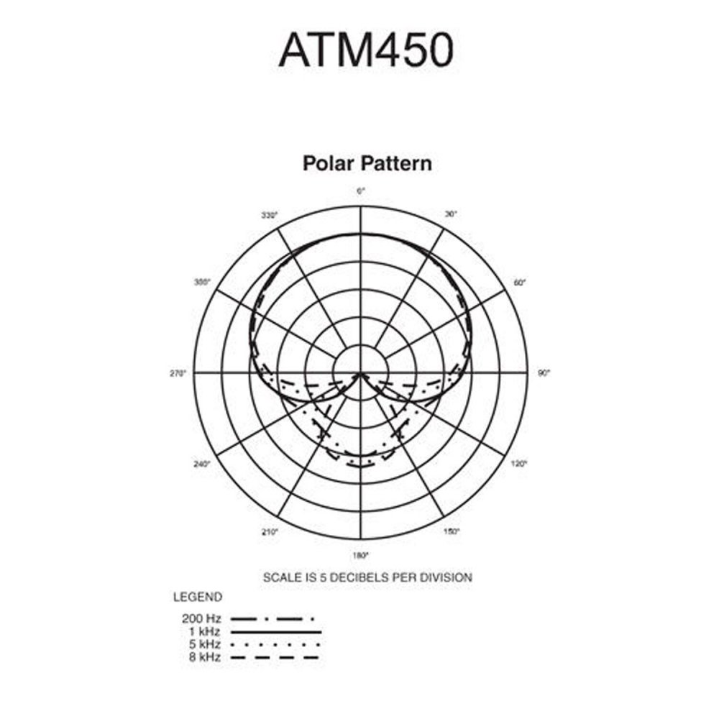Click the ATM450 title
pos(366,50)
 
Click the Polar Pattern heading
pos(367,163)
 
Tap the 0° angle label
pos(361,191)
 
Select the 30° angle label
pos(452,214)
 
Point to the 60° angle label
pos(519,283)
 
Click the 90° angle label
pos(544,373)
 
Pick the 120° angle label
pos(519,464)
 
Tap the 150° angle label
pos(452,531)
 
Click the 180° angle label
pos(360,556)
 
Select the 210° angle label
pos(270,532)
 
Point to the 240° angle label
pos(202,464)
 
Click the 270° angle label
pos(178,373)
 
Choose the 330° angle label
pos(270,215)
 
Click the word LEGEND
pos(198,597)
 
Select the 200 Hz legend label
pos(201,618)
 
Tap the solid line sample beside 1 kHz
pos(275,632)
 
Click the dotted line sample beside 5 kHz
pos(275,644)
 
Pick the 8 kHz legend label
pos(204,657)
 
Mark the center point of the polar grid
pos(361,373)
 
